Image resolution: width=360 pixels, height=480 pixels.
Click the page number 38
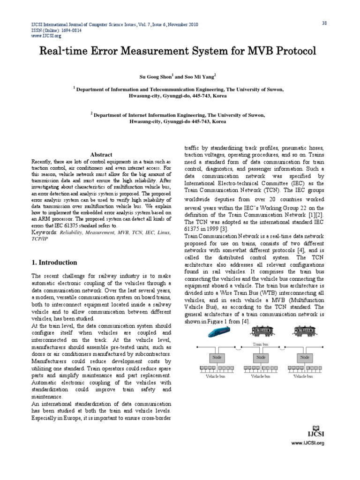[x=323, y=23]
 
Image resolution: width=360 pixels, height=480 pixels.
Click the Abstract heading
[x=101, y=155]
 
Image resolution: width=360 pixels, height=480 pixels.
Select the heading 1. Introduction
[x=54, y=262]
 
